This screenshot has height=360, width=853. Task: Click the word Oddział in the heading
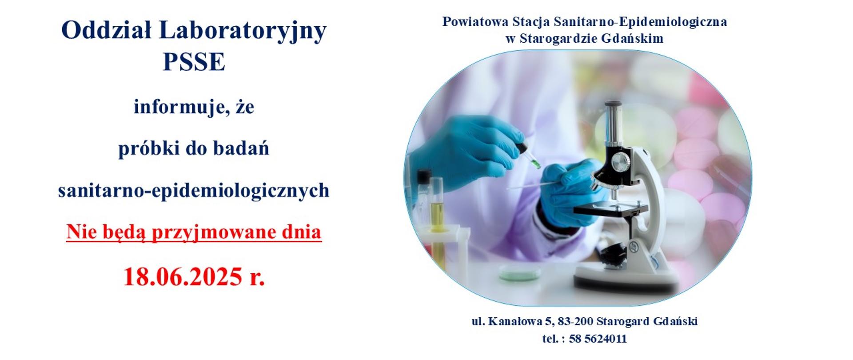tap(106, 31)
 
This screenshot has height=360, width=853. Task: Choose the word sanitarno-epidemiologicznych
tap(194, 190)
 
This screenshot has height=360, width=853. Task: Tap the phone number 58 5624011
tap(598, 339)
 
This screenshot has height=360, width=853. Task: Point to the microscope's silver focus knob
tap(619, 163)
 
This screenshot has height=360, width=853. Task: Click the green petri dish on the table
tap(520, 272)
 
